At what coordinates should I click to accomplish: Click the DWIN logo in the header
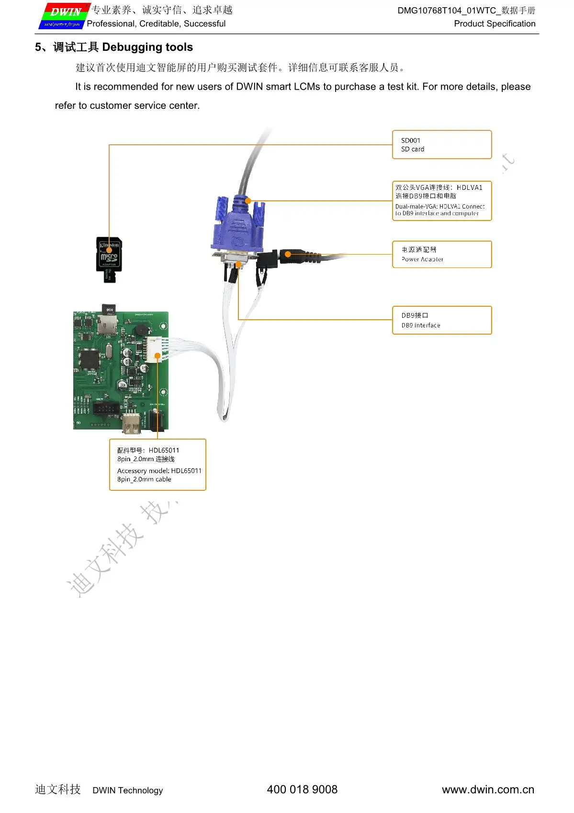pyautogui.click(x=64, y=16)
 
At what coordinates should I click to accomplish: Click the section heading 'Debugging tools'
pyautogui.click(x=147, y=47)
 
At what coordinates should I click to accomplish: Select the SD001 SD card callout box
pyautogui.click(x=441, y=144)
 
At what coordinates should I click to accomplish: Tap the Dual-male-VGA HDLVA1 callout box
pyautogui.click(x=441, y=201)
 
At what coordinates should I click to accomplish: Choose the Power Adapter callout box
pyautogui.click(x=441, y=254)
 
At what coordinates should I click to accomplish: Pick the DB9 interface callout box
pyautogui.click(x=441, y=320)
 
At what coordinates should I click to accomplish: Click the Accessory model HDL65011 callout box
pyautogui.click(x=158, y=465)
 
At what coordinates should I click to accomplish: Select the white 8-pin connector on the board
pyautogui.click(x=154, y=349)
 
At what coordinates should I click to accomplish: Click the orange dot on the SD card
pyautogui.click(x=109, y=250)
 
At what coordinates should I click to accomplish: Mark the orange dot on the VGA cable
pyautogui.click(x=248, y=200)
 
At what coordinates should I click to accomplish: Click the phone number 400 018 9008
pyautogui.click(x=302, y=790)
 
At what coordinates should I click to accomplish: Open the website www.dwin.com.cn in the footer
pyautogui.click(x=487, y=790)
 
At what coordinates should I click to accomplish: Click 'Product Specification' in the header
pyautogui.click(x=494, y=23)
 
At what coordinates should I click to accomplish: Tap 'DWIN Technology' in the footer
pyautogui.click(x=127, y=790)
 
